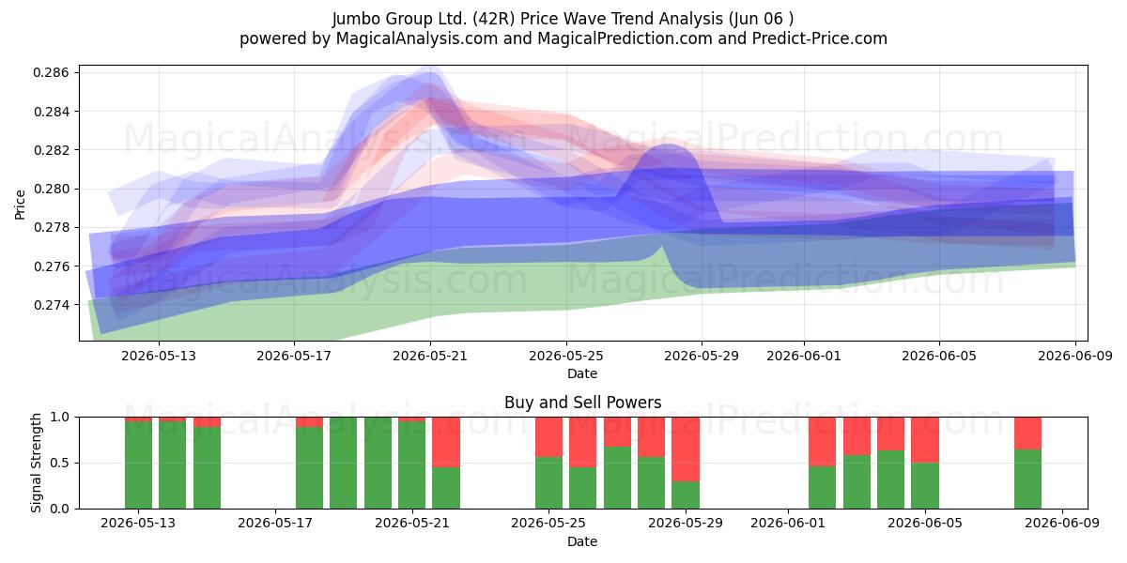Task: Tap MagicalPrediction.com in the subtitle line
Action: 625,38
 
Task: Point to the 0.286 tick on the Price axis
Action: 51,73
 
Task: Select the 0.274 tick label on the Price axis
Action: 51,305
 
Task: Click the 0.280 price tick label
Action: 51,189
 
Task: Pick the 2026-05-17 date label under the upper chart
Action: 294,356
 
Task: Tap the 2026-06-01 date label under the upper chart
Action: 804,356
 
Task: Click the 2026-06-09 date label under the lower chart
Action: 1061,523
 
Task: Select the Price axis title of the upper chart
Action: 20,205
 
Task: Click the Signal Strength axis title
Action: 36,463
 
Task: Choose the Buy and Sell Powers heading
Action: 582,403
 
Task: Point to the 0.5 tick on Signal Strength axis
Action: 60,463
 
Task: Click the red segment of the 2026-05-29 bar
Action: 686,449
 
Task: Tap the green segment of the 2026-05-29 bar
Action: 686,495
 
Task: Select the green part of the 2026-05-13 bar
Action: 138,465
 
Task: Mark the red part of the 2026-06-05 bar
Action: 925,440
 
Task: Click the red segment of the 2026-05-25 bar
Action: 548,437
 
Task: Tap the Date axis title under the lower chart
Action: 582,541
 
